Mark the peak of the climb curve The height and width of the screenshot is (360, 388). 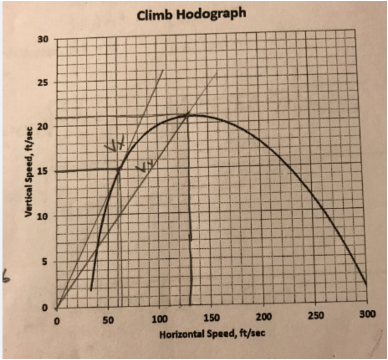187,114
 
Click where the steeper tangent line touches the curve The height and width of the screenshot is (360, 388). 119,169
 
